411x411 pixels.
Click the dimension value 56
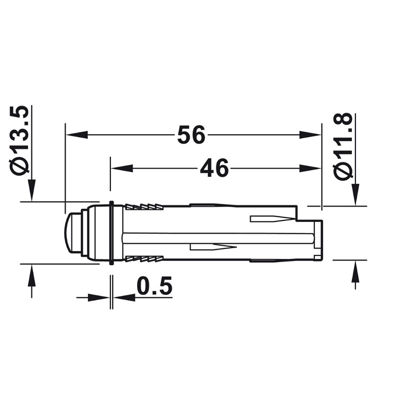(191, 135)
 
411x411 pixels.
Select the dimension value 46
(214, 168)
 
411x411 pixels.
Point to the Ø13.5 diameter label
(20, 141)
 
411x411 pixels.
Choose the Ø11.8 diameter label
(342, 146)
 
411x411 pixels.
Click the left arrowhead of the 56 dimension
(77, 135)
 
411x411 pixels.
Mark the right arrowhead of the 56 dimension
(310, 135)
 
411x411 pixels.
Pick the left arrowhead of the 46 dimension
(122, 168)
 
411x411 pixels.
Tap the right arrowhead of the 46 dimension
(310, 168)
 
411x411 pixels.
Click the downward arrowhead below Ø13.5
(32, 191)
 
